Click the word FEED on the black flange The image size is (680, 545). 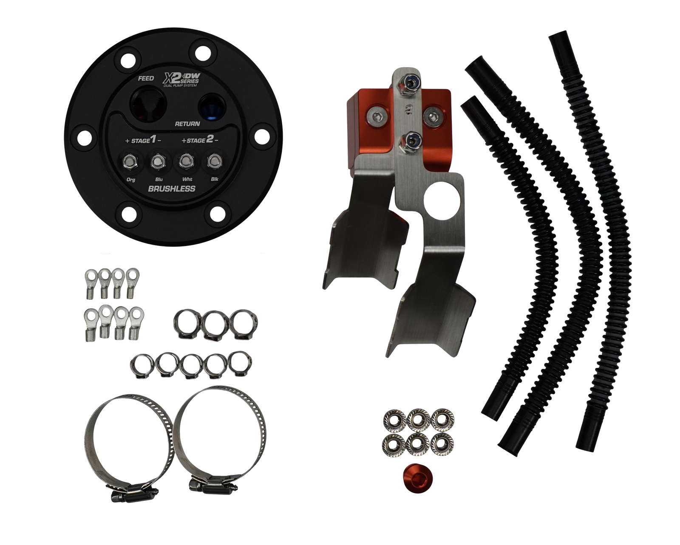(146, 78)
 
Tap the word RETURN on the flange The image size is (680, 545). (187, 124)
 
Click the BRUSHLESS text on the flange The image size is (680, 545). (172, 189)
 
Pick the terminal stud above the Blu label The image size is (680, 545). (157, 163)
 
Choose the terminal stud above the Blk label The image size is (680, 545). (214, 162)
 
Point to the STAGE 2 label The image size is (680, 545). (200, 140)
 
